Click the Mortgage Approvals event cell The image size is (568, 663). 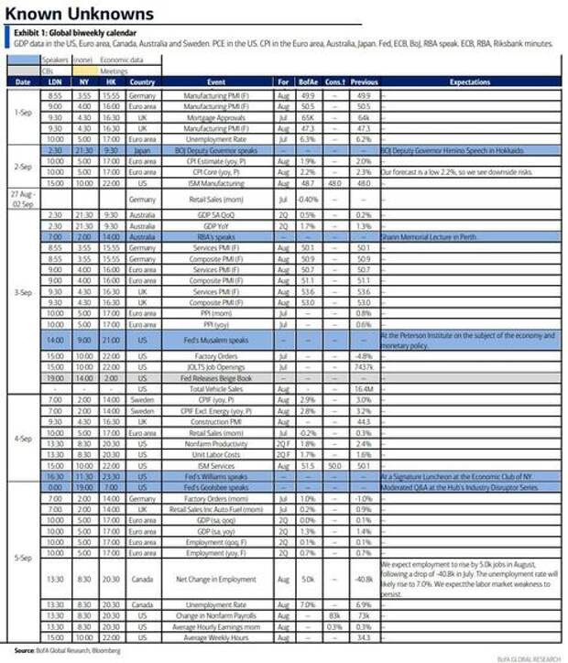pos(217,117)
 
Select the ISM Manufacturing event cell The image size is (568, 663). pos(217,182)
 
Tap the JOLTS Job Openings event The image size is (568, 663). pos(217,366)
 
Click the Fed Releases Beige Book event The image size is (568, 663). pos(217,377)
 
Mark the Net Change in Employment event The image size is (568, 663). pos(217,578)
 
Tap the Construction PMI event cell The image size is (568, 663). pos(217,421)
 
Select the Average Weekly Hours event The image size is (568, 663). pos(217,636)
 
